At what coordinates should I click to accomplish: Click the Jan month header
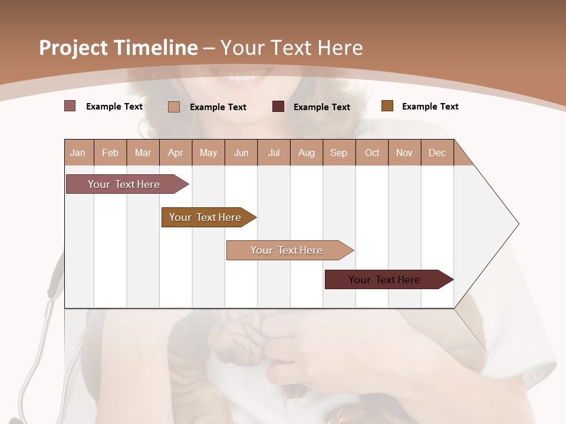click(x=78, y=153)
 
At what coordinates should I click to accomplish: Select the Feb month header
click(x=110, y=153)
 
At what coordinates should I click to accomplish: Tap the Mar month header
click(x=143, y=153)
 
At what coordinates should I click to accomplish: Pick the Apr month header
click(x=176, y=153)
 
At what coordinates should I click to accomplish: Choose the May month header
click(x=208, y=153)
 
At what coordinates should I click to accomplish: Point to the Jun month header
click(x=241, y=153)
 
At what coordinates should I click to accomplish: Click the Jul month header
click(x=274, y=153)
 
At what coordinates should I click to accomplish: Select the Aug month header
click(x=307, y=153)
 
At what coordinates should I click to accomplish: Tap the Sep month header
click(x=339, y=153)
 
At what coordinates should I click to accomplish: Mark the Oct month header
click(x=372, y=153)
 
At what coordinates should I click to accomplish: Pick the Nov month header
click(x=404, y=153)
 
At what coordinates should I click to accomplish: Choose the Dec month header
click(x=437, y=153)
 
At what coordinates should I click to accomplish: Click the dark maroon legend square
click(x=278, y=107)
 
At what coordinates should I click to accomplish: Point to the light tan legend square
click(x=174, y=107)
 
